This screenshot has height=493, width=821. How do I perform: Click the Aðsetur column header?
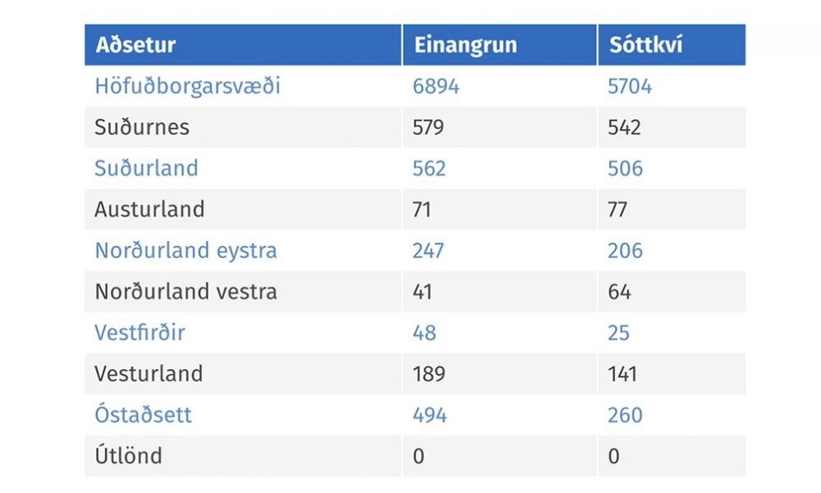point(136,45)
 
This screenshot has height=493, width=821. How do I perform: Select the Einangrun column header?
point(465,45)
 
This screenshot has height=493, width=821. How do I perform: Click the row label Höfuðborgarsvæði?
point(188,86)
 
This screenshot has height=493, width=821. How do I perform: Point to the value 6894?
point(435,86)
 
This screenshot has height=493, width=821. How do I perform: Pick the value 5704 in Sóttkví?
point(630,86)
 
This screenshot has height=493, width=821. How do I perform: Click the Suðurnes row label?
point(142,127)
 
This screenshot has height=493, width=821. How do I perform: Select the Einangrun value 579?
point(429,127)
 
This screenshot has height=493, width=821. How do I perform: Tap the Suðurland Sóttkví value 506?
point(625,168)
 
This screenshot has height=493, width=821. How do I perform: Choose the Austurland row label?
point(150,209)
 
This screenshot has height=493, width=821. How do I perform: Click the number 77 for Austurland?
point(619,209)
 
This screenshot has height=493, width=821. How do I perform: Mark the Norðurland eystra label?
point(186,251)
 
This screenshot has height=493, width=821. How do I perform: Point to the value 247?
point(429,251)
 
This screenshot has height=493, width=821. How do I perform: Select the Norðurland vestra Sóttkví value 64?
point(619,292)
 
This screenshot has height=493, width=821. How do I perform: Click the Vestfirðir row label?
point(140,333)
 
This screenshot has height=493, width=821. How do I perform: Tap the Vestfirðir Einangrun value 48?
point(424,333)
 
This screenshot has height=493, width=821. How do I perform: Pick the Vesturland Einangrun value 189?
point(429,374)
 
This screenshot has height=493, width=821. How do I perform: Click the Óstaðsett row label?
point(143,414)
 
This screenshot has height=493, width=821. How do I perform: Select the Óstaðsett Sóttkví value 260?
point(625,414)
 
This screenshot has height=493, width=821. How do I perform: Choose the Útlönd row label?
point(128,456)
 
